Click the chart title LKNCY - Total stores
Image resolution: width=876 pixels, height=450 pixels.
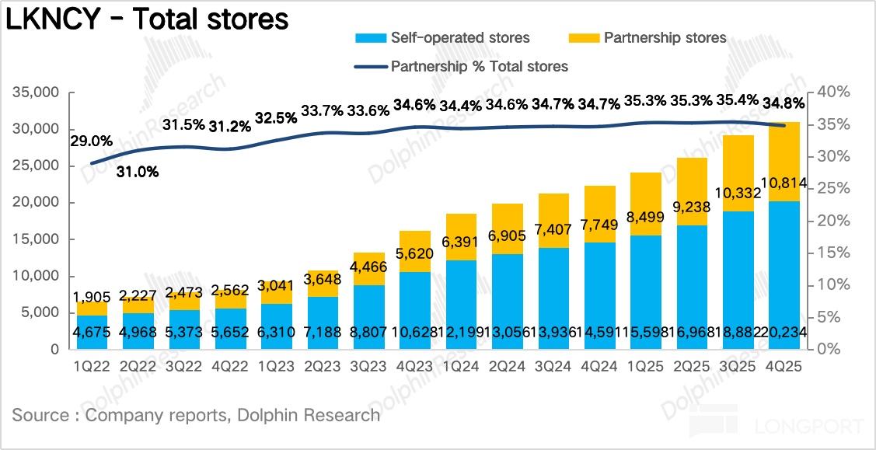coord(147,20)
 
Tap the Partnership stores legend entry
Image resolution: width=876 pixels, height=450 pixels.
coord(649,37)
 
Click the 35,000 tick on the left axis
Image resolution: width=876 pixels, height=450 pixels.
coord(37,92)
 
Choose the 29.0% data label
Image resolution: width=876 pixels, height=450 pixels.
coord(92,141)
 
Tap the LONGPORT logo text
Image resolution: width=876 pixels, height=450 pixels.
coord(808,426)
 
